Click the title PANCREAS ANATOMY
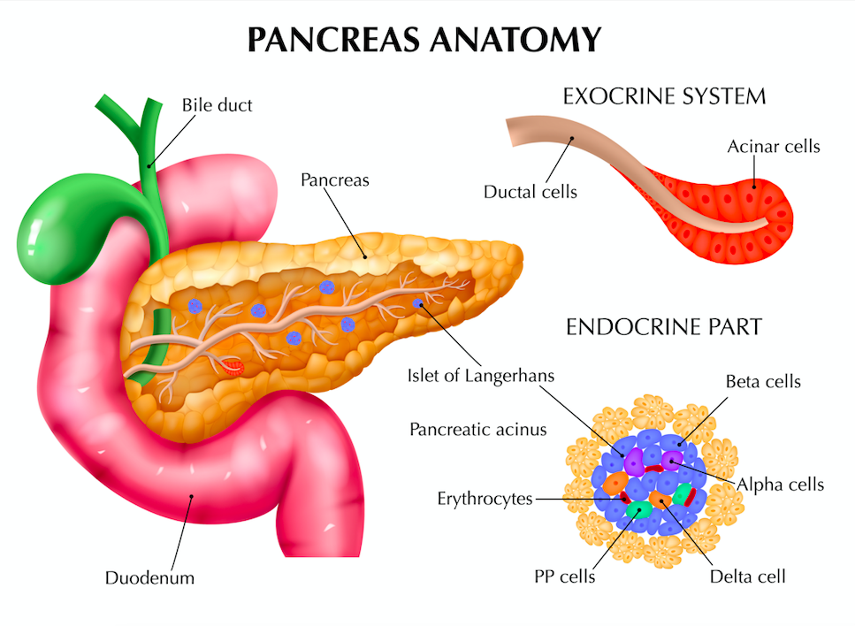pyautogui.click(x=424, y=39)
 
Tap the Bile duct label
pyautogui.click(x=217, y=105)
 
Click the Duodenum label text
pyautogui.click(x=149, y=578)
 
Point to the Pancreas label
pyautogui.click(x=335, y=180)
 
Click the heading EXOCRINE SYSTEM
pyautogui.click(x=664, y=96)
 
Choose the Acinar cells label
pyautogui.click(x=774, y=146)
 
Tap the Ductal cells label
pyautogui.click(x=530, y=192)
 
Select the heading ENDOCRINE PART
pyautogui.click(x=664, y=327)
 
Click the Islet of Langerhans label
pyautogui.click(x=481, y=376)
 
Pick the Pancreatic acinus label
pyautogui.click(x=478, y=430)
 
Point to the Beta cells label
pyautogui.click(x=763, y=382)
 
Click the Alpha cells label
pyautogui.click(x=781, y=485)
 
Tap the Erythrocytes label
pyautogui.click(x=485, y=499)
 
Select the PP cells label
pyautogui.click(x=564, y=576)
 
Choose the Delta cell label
pyautogui.click(x=748, y=576)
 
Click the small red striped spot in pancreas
pyautogui.click(x=233, y=368)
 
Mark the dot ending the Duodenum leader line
pyautogui.click(x=191, y=496)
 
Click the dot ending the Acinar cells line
pyautogui.click(x=755, y=187)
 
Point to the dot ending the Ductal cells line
pyautogui.click(x=573, y=138)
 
